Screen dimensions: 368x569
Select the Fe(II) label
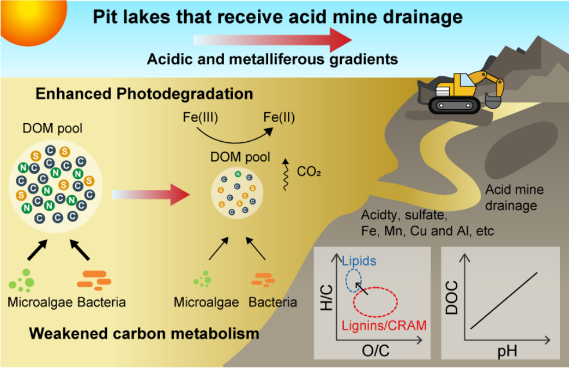point(279,118)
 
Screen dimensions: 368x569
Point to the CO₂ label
point(309,172)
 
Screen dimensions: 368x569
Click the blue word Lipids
point(359,261)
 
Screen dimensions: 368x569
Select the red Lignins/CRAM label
point(384,326)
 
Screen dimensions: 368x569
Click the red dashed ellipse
point(376,301)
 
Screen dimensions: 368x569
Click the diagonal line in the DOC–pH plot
point(504,300)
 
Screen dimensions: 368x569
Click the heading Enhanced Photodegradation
point(144,94)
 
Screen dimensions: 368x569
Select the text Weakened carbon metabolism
point(144,333)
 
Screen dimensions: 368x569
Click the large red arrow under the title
point(273,40)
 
